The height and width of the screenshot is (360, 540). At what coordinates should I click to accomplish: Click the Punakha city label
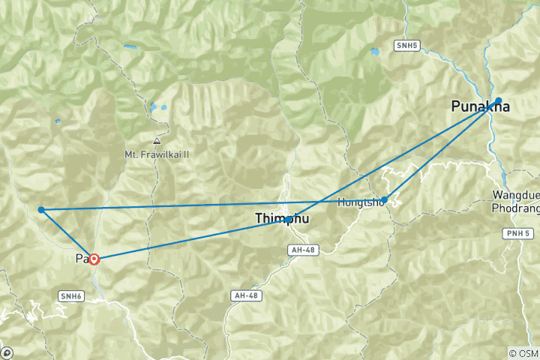tap(480, 107)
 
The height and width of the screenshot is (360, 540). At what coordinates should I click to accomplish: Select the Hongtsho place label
tap(361, 202)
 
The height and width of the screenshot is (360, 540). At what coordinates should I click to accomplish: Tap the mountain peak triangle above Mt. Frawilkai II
tap(156, 141)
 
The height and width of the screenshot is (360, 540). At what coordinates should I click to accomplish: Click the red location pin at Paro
tap(94, 259)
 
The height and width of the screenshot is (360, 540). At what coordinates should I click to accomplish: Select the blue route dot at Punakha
tap(498, 100)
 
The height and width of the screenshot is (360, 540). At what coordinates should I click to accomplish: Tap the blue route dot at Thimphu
tap(289, 219)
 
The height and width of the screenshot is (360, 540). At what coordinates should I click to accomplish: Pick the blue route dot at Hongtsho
tap(385, 199)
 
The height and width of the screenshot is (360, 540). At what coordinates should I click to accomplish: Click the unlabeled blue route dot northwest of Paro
tap(41, 210)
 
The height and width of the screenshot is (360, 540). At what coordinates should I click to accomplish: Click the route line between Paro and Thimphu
tap(191, 239)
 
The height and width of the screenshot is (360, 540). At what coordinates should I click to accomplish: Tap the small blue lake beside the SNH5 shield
tap(374, 52)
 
